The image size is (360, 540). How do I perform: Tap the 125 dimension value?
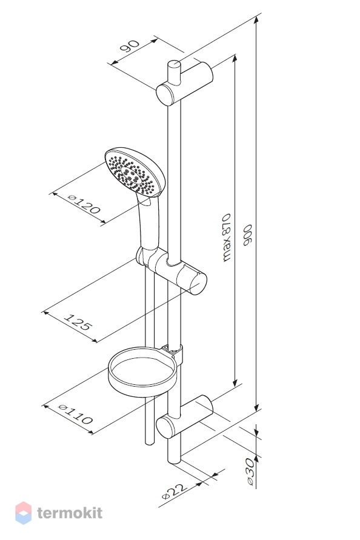point(78,322)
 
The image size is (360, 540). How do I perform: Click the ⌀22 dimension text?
point(174,492)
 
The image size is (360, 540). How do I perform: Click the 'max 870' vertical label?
point(226,238)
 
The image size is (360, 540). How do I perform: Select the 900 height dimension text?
point(248,235)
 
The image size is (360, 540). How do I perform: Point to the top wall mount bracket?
point(184,84)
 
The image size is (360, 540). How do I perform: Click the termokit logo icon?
point(24,513)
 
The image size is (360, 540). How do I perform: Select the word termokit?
point(70,513)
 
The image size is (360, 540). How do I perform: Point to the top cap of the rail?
point(173,64)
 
